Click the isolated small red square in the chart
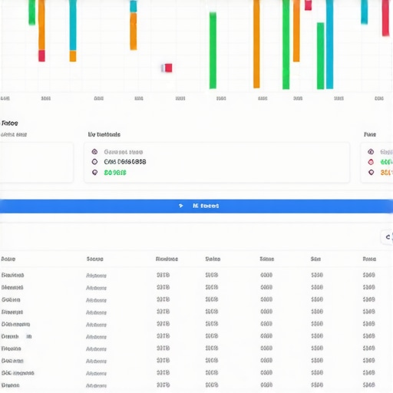pyautogui.click(x=167, y=68)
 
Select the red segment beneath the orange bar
pyautogui.click(x=41, y=55)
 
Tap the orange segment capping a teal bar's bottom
pyautogui.click(x=73, y=56)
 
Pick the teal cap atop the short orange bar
pyautogui.click(x=133, y=6)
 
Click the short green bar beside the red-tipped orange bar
pyautogui.click(x=31, y=12)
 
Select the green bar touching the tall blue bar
pyautogui.click(x=319, y=55)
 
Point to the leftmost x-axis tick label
pyautogui.click(x=5, y=98)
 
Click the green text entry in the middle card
pyautogui.click(x=115, y=173)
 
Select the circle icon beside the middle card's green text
pyautogui.click(x=94, y=173)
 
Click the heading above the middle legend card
pyautogui.click(x=104, y=134)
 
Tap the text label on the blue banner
pyautogui.click(x=205, y=206)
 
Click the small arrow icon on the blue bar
pyautogui.click(x=180, y=206)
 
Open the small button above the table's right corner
pyautogui.click(x=387, y=237)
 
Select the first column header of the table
pyautogui.click(x=9, y=259)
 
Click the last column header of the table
pyautogui.click(x=369, y=259)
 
